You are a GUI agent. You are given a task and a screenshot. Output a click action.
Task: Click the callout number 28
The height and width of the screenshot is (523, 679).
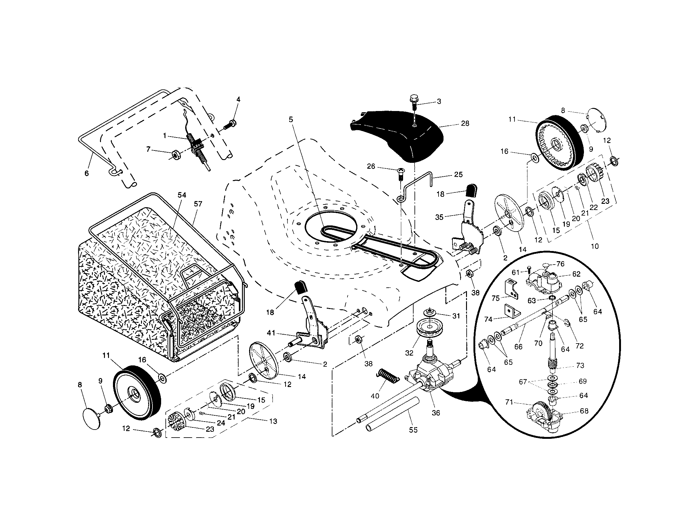click(x=465, y=123)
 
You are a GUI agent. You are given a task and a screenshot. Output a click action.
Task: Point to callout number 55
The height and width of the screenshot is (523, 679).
click(x=413, y=430)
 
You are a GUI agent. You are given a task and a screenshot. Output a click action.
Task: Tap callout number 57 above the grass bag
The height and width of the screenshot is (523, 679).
click(x=198, y=204)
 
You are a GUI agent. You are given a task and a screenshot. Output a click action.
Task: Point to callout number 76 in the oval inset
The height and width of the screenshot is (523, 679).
click(x=560, y=264)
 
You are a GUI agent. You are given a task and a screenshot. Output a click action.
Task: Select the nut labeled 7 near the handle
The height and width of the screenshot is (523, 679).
click(x=175, y=154)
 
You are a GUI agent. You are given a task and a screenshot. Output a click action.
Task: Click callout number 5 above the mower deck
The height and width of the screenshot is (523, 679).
click(x=291, y=119)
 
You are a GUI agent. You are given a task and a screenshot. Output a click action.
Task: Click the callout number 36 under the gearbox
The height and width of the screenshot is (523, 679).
click(x=436, y=413)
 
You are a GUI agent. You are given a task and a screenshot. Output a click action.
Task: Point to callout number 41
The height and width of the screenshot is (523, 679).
click(x=271, y=333)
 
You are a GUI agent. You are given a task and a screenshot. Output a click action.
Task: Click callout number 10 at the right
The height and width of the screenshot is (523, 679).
click(x=594, y=246)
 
